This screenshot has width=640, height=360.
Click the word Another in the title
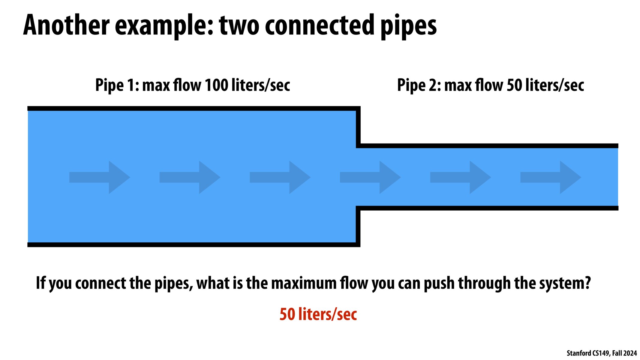(66, 25)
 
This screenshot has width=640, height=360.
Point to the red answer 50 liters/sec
(318, 314)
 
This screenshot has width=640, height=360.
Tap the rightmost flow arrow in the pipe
(551, 177)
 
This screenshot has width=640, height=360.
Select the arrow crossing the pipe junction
(370, 177)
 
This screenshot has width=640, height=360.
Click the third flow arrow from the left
(280, 177)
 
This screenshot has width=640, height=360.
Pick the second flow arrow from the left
(190, 177)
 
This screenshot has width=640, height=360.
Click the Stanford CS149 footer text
(602, 353)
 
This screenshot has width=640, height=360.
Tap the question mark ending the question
(587, 283)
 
